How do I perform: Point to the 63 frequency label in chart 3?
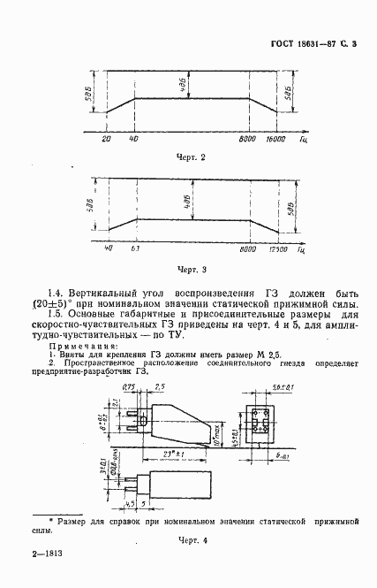coord(135,249)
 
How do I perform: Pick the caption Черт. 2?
coord(192,157)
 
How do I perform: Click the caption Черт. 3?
coord(192,268)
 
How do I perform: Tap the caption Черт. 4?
coord(192,538)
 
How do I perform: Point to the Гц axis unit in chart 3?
coord(303,250)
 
